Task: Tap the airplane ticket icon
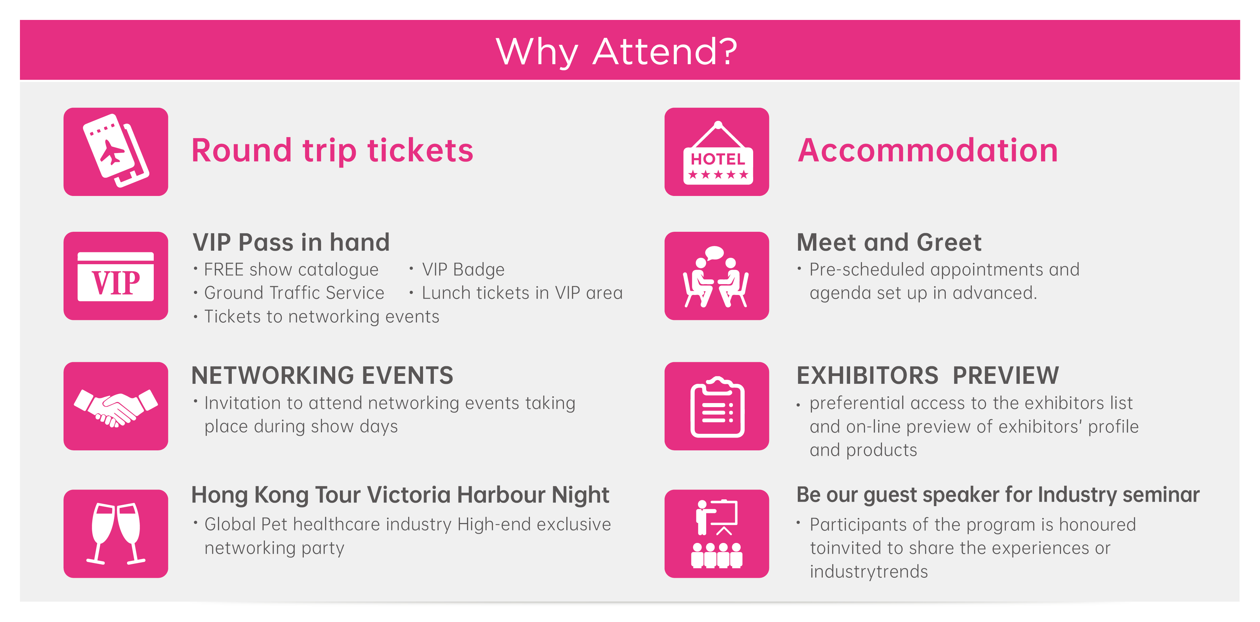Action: coord(116,152)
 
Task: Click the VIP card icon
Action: coord(116,276)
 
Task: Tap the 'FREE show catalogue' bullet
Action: coord(291,269)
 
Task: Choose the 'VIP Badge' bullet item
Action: coord(463,269)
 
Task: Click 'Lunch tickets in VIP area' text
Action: coord(522,293)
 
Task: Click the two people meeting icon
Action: coord(717,276)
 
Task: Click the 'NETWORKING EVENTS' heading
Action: coord(322,376)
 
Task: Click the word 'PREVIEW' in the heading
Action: coord(1005,376)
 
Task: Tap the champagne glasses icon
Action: coord(116,533)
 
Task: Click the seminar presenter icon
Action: coord(717,533)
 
